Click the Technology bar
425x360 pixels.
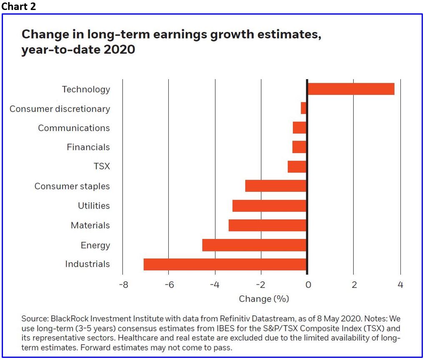point(351,89)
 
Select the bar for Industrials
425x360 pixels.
point(225,264)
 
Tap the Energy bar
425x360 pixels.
point(254,245)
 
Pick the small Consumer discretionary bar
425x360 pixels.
point(304,108)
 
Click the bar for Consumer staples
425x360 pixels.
point(276,186)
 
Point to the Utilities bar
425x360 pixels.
point(269,206)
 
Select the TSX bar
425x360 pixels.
point(297,166)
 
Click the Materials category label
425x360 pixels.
point(90,226)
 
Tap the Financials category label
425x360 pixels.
point(88,147)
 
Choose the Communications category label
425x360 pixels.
point(74,128)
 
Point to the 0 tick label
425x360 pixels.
point(307,285)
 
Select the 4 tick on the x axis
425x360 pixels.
point(400,285)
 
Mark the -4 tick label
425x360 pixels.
point(215,285)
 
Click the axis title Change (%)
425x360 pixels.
point(264,299)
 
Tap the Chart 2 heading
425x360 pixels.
point(19,7)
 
